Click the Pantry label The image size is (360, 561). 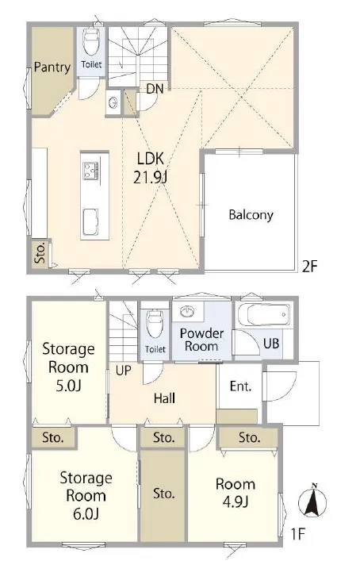[52, 67]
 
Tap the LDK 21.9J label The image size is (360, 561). [151, 167]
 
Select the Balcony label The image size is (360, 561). [251, 215]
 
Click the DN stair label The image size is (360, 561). [155, 88]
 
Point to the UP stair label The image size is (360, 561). [124, 371]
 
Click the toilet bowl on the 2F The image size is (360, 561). [90, 40]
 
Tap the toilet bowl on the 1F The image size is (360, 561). [155, 325]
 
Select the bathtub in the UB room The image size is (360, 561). [264, 315]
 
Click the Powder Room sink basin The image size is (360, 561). [187, 312]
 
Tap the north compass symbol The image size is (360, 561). [312, 501]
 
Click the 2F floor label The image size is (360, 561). [309, 267]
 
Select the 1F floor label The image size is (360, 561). [297, 534]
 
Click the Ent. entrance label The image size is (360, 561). [240, 386]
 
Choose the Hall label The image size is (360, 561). [164, 398]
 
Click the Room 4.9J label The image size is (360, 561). [236, 493]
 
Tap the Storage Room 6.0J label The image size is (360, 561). [86, 496]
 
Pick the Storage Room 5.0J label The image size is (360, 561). [68, 367]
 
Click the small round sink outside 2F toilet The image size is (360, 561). [113, 102]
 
